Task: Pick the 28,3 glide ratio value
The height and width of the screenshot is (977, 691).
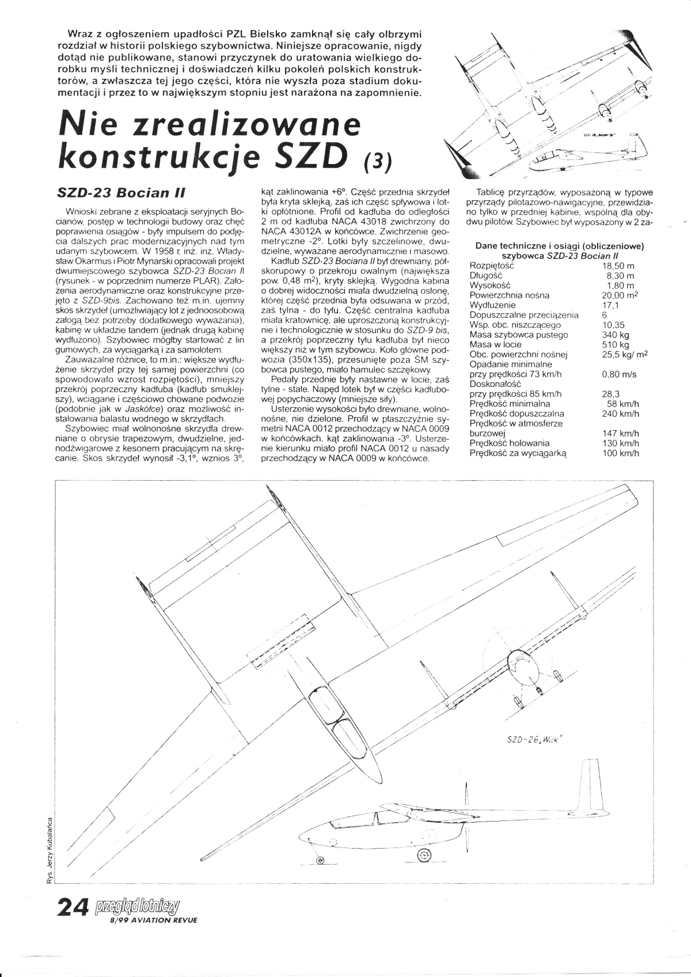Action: pos(612,394)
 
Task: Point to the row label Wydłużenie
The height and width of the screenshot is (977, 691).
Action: pos(493,305)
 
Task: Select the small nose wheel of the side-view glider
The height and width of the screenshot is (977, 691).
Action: pos(321,861)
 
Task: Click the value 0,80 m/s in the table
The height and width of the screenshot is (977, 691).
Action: pos(618,374)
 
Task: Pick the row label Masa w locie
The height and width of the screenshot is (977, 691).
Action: pos(495,344)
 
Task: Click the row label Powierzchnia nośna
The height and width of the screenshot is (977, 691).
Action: pos(510,295)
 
